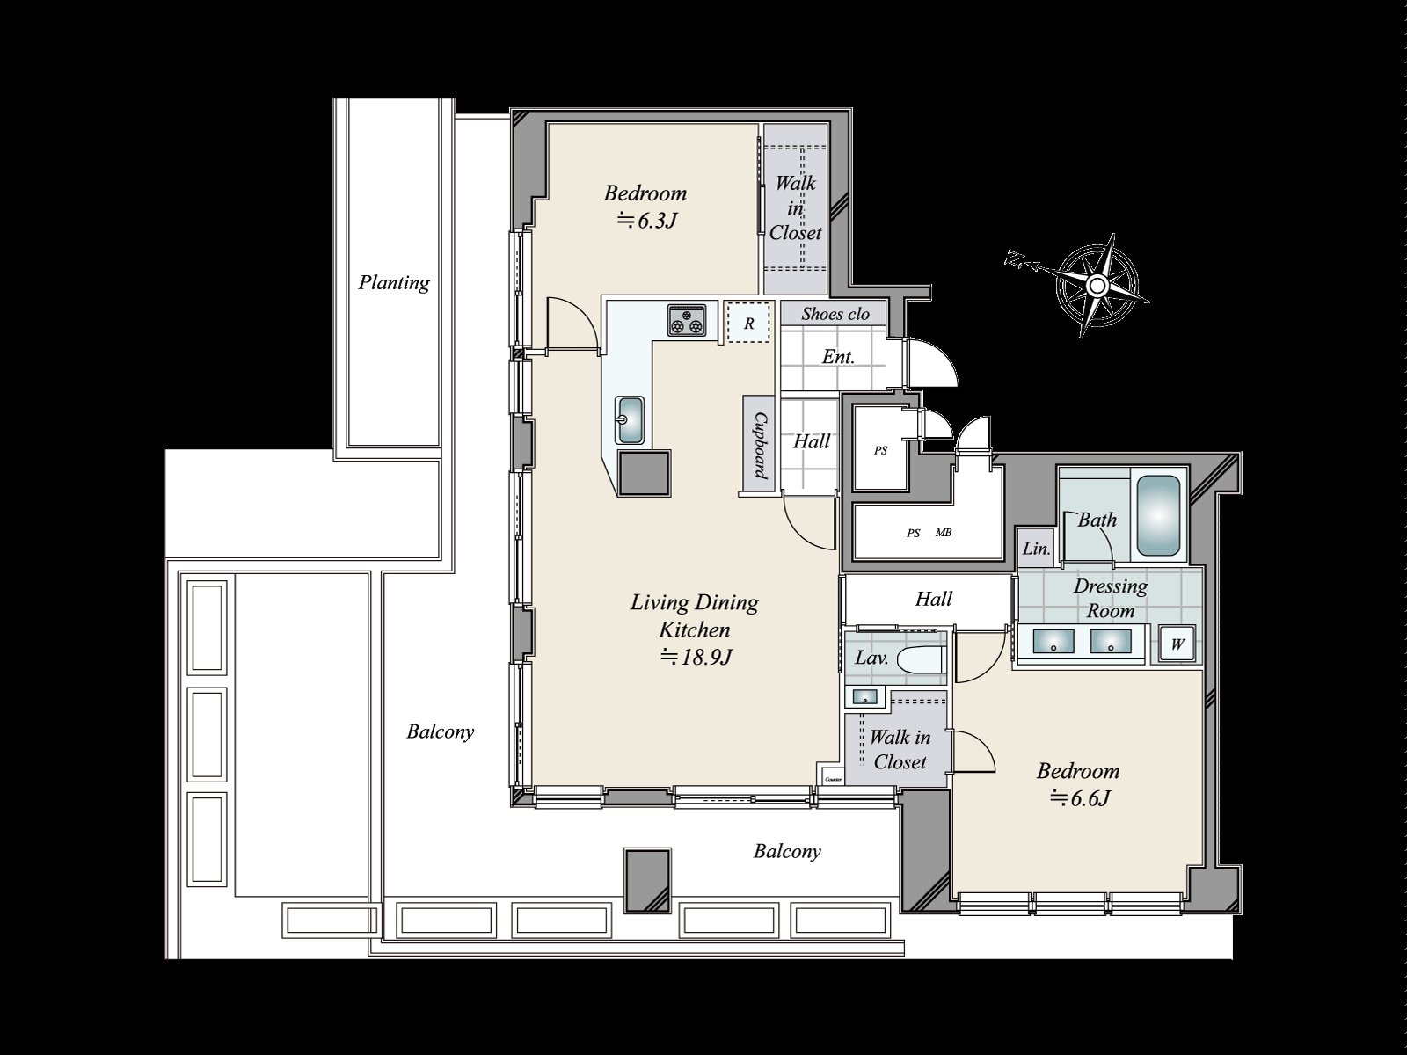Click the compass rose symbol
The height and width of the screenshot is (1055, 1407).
1097,285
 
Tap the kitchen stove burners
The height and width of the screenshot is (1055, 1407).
687,320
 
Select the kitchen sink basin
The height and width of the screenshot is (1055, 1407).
630,420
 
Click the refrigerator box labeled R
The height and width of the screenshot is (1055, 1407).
748,323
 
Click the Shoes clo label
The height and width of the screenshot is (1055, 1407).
835,314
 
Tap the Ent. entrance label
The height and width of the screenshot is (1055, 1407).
838,357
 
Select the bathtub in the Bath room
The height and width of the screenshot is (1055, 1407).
1157,515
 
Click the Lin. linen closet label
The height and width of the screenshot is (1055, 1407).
1037,549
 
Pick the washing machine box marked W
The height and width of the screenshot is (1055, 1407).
1177,644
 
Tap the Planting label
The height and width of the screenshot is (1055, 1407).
394,282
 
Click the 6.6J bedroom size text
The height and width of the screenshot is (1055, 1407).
1079,798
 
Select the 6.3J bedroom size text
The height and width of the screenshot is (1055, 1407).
646,221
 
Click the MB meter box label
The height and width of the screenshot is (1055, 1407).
943,532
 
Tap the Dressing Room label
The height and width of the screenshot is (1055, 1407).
1111,599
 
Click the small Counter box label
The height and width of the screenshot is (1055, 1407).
833,779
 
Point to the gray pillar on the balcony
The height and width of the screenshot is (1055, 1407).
647,880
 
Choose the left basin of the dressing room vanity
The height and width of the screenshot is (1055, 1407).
1054,641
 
